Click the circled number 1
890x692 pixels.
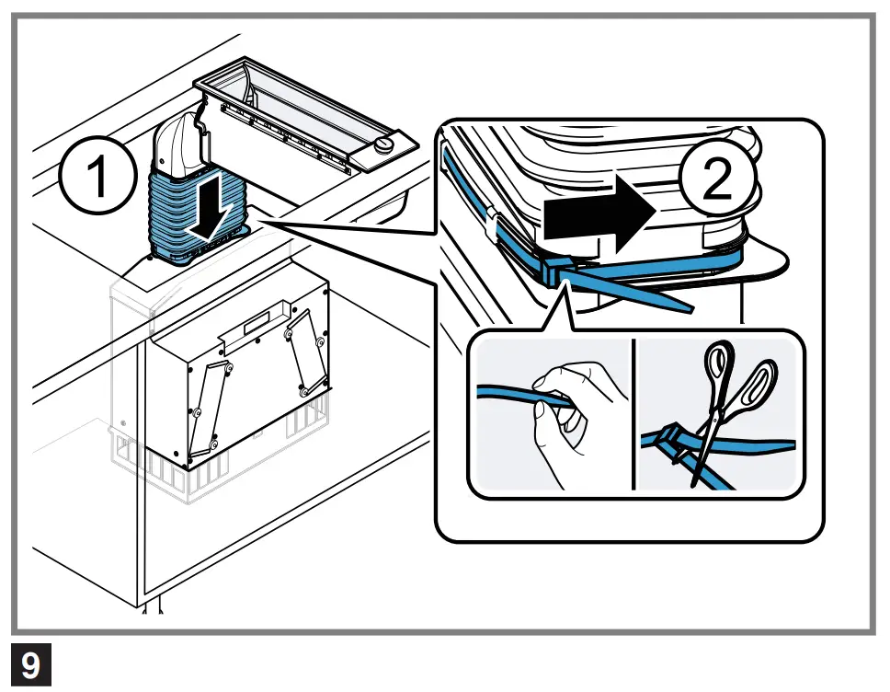click(96, 177)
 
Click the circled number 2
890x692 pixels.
click(716, 180)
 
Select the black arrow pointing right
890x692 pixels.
click(598, 213)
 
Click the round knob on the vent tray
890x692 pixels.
click(385, 145)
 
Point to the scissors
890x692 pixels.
click(726, 405)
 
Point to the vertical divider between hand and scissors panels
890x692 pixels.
click(633, 414)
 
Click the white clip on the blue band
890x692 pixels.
click(492, 221)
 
